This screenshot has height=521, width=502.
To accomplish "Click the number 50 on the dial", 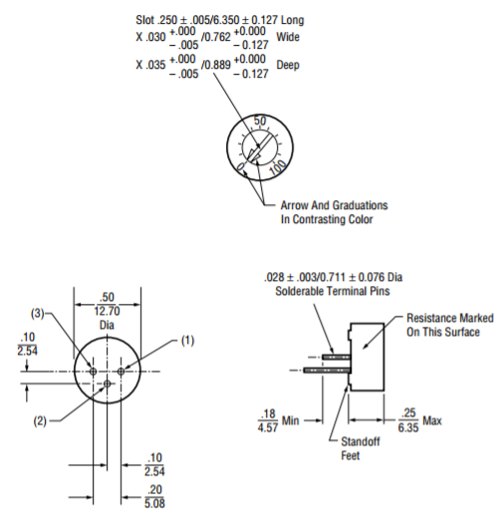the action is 260,121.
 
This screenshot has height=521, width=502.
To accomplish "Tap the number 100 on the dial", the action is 277,167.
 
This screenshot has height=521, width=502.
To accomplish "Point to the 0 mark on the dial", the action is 240,166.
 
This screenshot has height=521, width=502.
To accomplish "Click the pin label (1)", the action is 187,341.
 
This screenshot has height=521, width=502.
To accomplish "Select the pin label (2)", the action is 40,421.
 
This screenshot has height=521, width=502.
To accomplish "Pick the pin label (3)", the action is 37,314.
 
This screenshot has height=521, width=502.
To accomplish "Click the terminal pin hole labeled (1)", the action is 122,372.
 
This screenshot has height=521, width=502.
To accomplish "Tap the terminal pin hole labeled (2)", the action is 107,385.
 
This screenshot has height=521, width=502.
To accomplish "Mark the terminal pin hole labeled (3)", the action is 93,372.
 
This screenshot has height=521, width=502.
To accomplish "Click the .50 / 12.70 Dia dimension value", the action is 107,311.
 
